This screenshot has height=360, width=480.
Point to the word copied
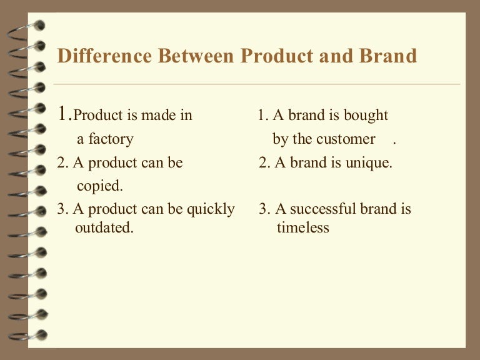100,186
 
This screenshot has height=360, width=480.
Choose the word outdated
104,228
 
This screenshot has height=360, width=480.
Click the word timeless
302,228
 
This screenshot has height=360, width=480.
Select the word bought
366,116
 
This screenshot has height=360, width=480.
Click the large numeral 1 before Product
62,114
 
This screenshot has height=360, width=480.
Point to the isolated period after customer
395,142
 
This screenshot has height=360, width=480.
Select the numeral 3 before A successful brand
262,209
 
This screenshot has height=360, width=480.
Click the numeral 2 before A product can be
61,163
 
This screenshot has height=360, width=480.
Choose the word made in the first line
154,116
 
